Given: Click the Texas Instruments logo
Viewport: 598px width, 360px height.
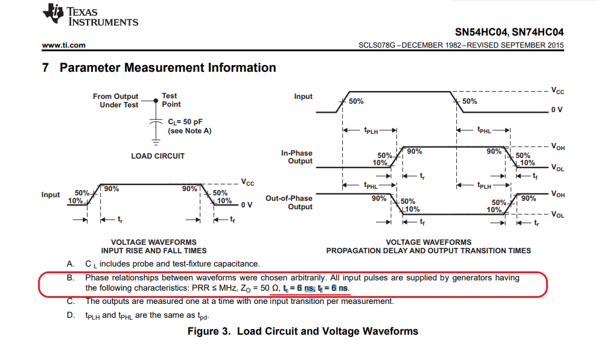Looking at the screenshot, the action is tap(91, 15).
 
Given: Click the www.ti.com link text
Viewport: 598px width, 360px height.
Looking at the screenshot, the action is tap(64, 45).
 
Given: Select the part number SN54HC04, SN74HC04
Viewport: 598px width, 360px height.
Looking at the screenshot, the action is tap(509, 32).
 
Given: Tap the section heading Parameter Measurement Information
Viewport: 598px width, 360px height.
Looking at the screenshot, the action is tap(168, 68).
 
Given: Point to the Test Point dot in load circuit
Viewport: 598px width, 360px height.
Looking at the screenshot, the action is tap(156, 101).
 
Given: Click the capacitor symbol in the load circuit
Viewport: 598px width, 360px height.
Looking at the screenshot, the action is tap(156, 121).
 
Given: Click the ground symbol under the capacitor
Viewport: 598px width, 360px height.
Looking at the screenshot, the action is tap(156, 142).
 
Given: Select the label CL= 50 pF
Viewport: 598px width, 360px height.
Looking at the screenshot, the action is tap(185, 122).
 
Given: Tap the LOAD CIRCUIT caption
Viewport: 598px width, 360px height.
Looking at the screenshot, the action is tap(158, 156).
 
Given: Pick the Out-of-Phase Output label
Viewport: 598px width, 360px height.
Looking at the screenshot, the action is tap(289, 202).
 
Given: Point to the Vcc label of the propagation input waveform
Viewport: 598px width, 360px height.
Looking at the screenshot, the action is tap(557, 90).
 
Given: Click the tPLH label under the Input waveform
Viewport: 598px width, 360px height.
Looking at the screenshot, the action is tap(371, 131).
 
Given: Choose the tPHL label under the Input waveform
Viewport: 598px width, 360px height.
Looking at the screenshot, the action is tap(485, 130).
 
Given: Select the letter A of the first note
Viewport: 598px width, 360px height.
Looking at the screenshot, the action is tap(70, 264).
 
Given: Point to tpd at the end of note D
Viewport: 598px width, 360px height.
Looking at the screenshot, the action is tap(203, 316).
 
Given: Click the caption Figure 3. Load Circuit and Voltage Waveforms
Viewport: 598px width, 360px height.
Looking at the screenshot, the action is tap(303, 331).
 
